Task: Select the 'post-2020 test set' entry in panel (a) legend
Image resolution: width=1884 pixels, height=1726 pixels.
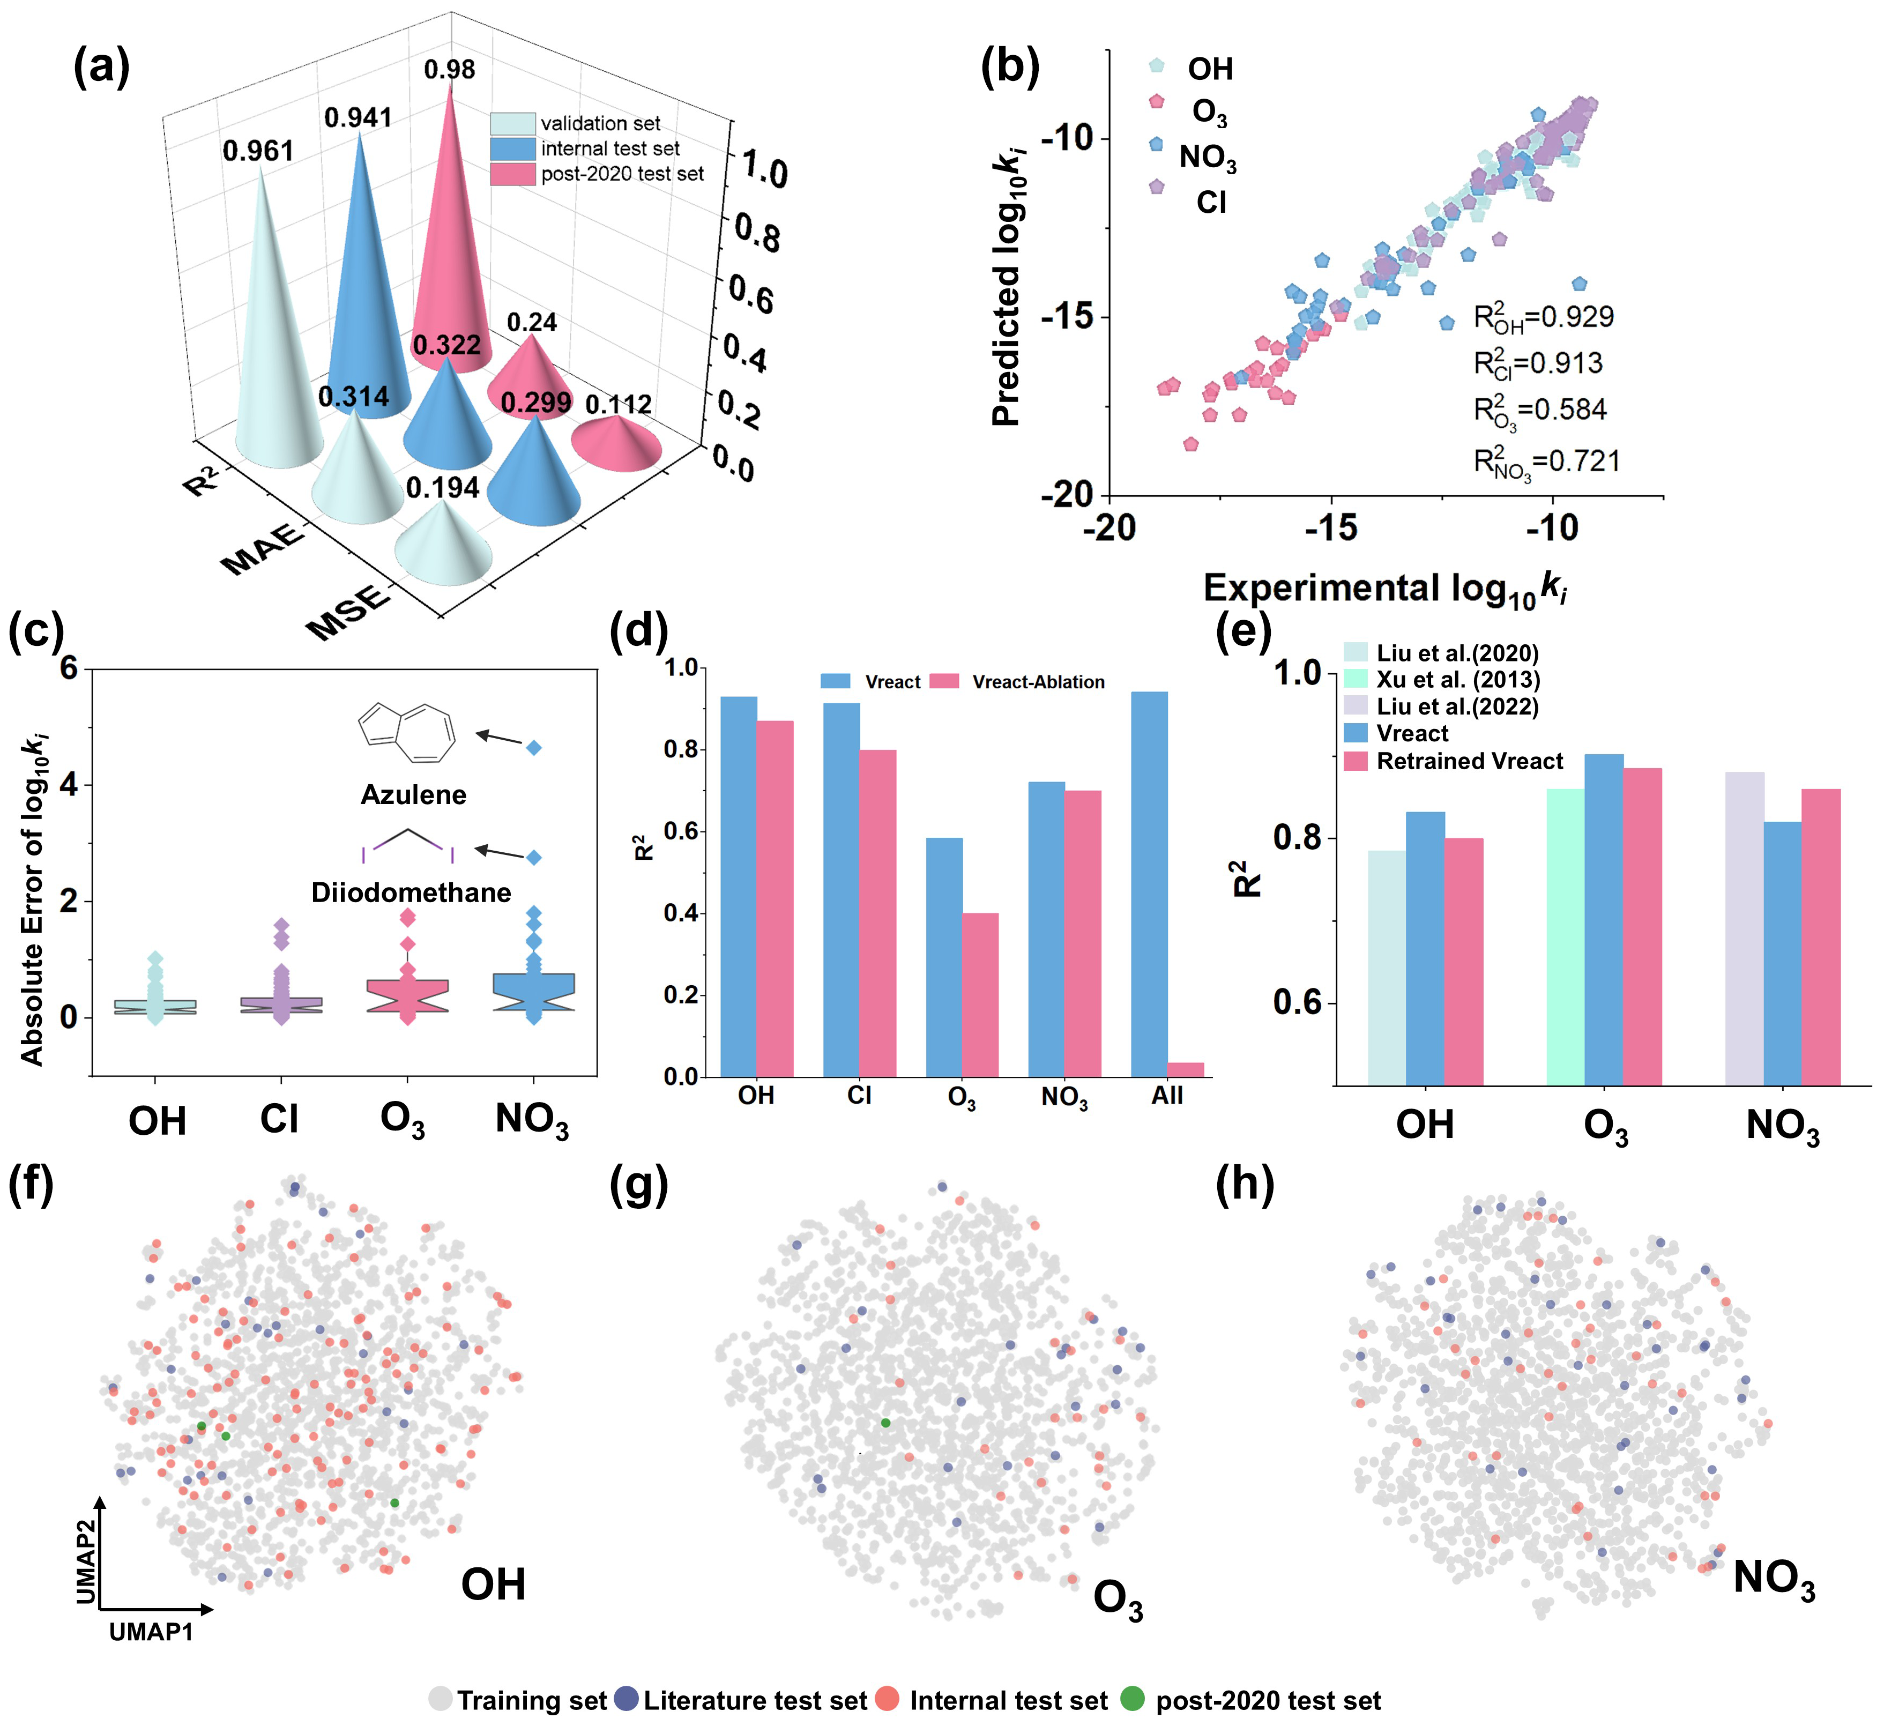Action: (621, 174)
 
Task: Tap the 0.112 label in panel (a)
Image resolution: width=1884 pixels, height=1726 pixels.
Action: (617, 405)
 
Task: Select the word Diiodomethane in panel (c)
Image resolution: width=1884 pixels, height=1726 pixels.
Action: (411, 892)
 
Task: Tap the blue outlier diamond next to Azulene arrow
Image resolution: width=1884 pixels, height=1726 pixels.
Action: (534, 748)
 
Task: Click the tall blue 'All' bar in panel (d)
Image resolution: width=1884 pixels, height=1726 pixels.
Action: (1149, 883)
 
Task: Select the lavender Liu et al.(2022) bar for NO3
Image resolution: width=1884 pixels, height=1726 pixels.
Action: (1744, 928)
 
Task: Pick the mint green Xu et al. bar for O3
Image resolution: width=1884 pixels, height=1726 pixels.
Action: (1565, 936)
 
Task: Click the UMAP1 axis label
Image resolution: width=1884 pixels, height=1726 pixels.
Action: (151, 1632)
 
